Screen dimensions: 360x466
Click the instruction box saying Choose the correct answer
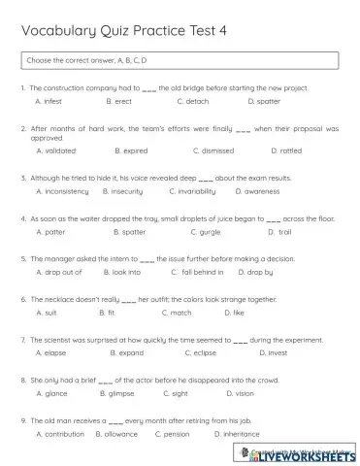pos(180,61)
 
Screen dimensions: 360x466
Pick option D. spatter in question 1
pos(264,101)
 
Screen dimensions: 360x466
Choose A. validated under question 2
pos(53,150)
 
